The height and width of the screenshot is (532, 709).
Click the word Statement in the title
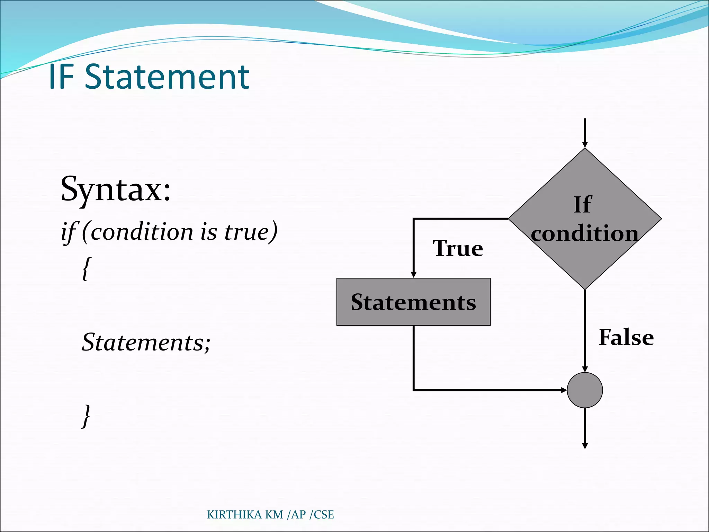click(167, 77)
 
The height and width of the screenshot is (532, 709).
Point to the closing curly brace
click(86, 416)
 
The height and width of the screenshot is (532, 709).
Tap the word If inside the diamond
click(583, 204)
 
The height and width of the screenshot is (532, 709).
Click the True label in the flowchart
click(458, 248)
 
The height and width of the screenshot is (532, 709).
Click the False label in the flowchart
click(626, 337)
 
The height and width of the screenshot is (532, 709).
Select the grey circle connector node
click(585, 390)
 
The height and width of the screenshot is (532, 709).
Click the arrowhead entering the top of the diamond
click(585, 144)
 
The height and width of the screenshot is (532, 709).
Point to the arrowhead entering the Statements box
click(413, 275)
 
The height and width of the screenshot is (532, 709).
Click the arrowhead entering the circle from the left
click(564, 390)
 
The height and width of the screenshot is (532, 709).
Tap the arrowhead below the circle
click(585, 446)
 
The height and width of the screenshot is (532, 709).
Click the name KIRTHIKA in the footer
click(234, 515)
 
